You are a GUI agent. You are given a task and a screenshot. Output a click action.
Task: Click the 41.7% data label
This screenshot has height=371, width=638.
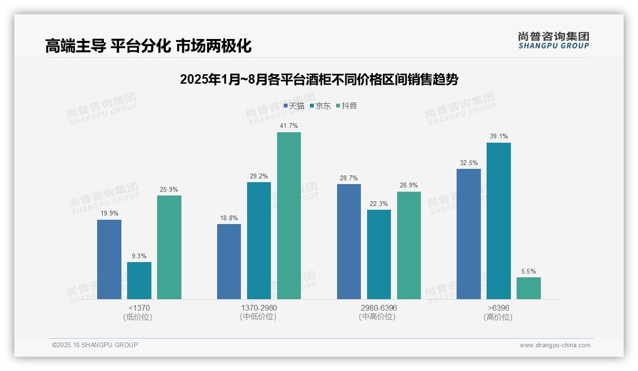click(289, 126)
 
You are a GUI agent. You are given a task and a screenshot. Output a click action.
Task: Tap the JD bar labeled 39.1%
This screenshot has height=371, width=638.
click(498, 221)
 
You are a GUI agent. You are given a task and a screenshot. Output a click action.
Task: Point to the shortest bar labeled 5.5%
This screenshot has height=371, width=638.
click(528, 288)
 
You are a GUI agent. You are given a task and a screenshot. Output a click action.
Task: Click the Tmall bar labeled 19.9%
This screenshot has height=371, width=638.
click(109, 259)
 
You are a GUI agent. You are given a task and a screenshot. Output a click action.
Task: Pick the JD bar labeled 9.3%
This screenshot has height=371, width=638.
click(139, 281)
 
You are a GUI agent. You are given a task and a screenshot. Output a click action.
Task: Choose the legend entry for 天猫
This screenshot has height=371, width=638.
click(294, 106)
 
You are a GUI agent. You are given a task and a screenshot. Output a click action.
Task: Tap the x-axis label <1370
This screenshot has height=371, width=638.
click(139, 308)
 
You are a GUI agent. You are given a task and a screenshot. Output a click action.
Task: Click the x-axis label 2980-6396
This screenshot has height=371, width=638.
click(379, 308)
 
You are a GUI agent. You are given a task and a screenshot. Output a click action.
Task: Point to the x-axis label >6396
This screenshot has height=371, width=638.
click(498, 308)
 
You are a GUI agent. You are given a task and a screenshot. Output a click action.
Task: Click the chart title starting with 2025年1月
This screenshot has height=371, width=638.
click(319, 79)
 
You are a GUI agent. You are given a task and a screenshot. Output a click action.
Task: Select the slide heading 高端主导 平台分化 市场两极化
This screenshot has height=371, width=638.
click(148, 46)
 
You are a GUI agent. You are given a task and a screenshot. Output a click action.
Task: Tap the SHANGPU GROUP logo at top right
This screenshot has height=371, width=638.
click(553, 40)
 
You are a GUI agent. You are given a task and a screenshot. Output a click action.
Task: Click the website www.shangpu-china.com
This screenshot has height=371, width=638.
click(555, 345)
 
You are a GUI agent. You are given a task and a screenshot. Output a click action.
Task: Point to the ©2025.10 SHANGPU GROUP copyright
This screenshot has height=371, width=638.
click(95, 345)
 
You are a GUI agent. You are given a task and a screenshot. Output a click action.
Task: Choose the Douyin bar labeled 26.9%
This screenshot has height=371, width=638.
click(409, 245)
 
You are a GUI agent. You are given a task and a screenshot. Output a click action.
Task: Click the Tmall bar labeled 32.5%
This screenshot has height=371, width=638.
click(469, 234)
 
